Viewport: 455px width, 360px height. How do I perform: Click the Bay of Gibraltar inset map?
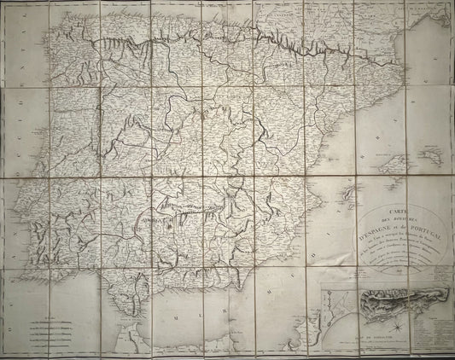[336, 315]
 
